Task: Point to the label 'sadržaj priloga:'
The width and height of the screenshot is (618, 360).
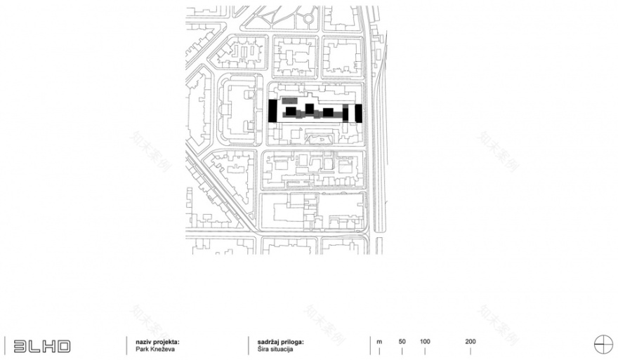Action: [275, 341]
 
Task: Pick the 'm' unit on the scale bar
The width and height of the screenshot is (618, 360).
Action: [379, 341]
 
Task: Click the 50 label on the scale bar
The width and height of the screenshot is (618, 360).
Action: [402, 341]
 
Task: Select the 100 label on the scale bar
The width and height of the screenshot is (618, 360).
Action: [425, 341]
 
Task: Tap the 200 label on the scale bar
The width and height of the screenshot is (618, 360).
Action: [470, 341]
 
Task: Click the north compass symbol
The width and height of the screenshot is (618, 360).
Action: [602, 345]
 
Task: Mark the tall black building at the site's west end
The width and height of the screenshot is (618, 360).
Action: [273, 112]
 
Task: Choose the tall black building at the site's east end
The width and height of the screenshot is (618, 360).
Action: [357, 113]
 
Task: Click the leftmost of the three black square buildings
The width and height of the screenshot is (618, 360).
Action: [290, 112]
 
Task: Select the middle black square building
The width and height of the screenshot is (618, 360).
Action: [309, 108]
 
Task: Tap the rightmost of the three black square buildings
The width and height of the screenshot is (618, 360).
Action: [328, 112]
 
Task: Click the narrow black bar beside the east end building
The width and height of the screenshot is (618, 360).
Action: [346, 113]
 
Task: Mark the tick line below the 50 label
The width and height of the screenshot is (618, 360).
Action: [402, 349]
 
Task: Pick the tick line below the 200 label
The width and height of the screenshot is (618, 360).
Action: [470, 349]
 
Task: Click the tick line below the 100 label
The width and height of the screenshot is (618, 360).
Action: [425, 349]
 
